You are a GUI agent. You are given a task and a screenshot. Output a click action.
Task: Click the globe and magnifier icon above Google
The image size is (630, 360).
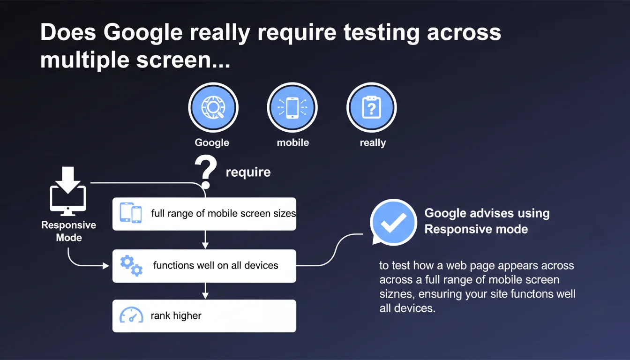click(x=213, y=107)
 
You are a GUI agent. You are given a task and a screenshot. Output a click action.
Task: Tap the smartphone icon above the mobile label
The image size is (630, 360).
click(x=292, y=107)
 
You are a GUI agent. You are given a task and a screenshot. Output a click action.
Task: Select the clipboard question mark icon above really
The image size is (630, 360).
click(x=372, y=107)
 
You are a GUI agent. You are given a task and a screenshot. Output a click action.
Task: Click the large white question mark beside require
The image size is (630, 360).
click(x=206, y=172)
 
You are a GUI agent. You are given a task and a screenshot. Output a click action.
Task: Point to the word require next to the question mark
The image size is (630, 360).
click(x=248, y=172)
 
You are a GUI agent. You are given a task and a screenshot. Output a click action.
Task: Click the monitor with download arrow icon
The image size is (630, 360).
click(x=68, y=191)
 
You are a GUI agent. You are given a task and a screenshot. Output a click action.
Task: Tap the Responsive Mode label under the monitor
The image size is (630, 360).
click(x=68, y=231)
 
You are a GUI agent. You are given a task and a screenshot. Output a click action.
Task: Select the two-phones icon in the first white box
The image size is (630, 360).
click(x=131, y=213)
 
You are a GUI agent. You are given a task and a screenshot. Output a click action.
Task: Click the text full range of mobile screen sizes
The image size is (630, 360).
click(x=223, y=213)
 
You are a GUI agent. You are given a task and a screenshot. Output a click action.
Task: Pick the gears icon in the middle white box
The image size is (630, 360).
click(x=131, y=266)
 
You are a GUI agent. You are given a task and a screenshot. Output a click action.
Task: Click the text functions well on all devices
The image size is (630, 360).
click(x=216, y=265)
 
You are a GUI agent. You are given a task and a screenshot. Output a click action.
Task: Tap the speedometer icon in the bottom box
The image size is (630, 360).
click(x=131, y=315)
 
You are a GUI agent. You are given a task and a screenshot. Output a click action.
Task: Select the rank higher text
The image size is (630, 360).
click(x=176, y=315)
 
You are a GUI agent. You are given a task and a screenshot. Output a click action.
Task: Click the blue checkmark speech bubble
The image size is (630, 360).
click(x=393, y=222)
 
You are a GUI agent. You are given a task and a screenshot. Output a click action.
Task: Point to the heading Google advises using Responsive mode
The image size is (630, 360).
click(x=487, y=221)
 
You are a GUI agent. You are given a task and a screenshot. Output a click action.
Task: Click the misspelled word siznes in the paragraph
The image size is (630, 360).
click(x=397, y=294)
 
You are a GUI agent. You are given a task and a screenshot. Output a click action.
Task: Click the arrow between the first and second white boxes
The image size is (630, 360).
click(x=205, y=240)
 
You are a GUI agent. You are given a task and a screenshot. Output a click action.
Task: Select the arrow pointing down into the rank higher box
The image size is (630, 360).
click(x=205, y=291)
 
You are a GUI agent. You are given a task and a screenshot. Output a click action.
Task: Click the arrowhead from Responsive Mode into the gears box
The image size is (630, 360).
click(x=106, y=265)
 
